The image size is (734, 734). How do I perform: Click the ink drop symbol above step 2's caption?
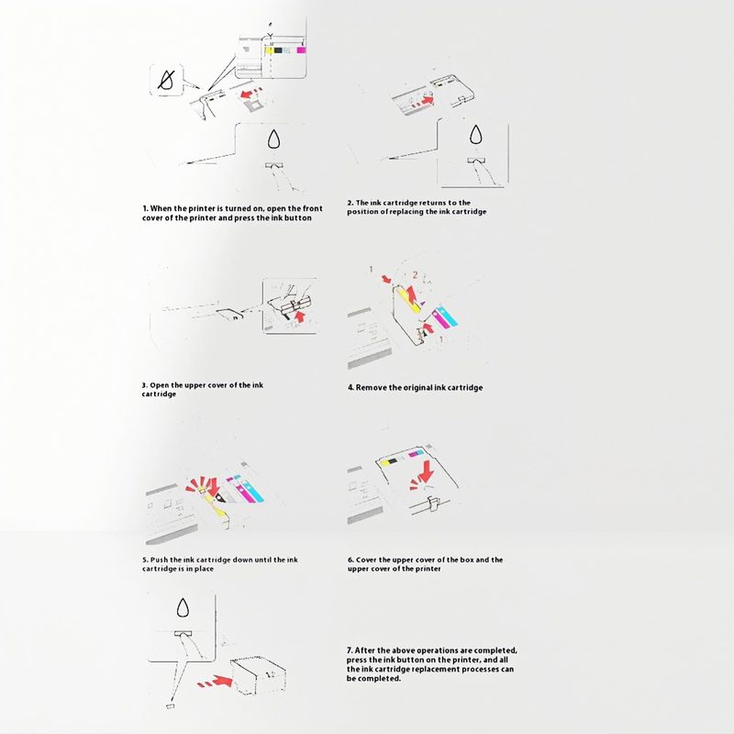[475, 136]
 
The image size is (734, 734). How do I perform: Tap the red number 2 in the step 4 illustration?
[415, 275]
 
